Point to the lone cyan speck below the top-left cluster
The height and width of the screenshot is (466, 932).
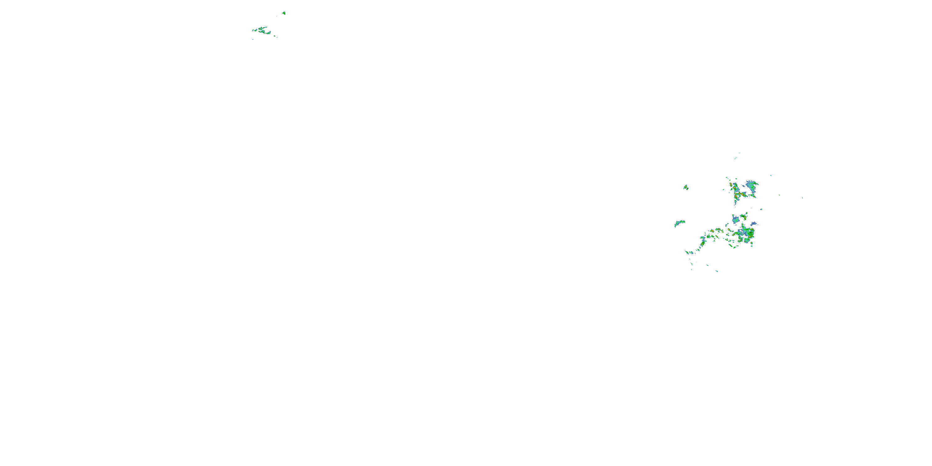pos(253,39)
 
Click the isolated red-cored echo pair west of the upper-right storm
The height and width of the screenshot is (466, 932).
pos(686,187)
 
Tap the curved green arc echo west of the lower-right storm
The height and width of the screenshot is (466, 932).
pos(679,222)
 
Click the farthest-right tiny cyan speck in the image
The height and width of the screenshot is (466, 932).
pos(802,198)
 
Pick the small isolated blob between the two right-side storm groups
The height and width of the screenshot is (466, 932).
pos(761,209)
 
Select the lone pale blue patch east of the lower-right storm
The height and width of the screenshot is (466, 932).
pos(753,224)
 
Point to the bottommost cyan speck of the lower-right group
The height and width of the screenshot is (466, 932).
pos(717,271)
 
